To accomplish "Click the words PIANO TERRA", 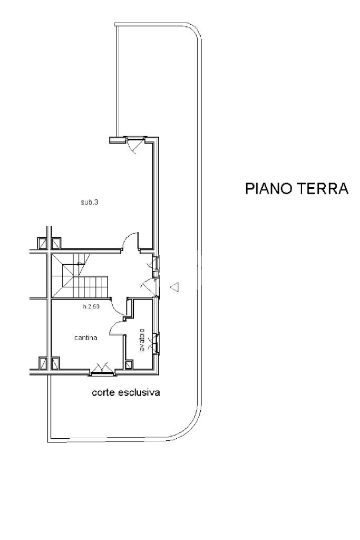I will (x=297, y=189).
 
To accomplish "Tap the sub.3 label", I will (x=90, y=202).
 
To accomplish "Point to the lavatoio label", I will (x=141, y=342).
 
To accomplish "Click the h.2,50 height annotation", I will (x=91, y=306).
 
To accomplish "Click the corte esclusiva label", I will (x=125, y=393).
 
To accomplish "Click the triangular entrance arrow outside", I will (x=175, y=287).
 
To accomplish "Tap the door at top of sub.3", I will (x=135, y=142).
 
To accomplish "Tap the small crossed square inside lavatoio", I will (x=130, y=365).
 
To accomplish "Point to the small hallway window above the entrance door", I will (x=155, y=266).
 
